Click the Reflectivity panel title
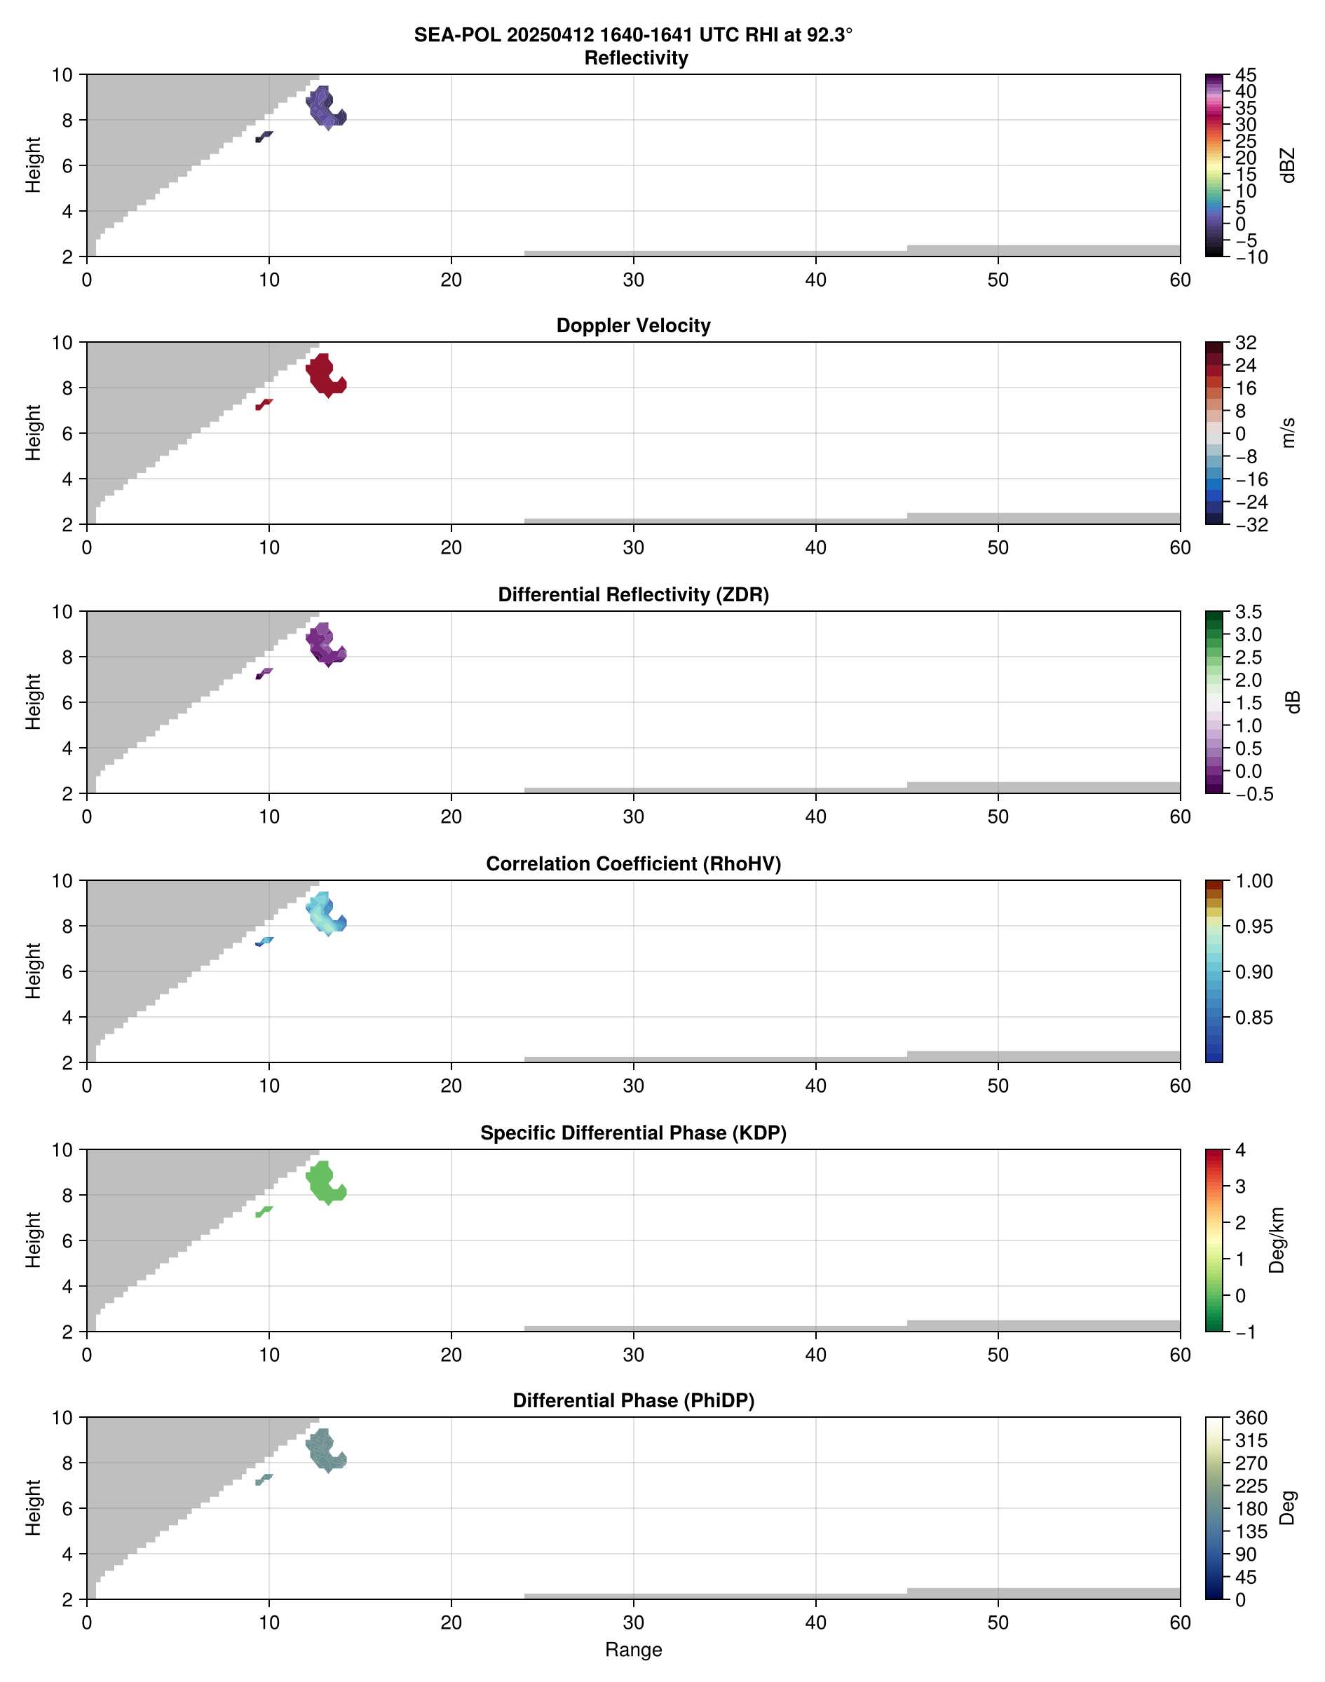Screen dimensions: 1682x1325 (636, 58)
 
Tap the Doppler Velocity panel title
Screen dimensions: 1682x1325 (633, 326)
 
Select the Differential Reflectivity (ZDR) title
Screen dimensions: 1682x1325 (633, 595)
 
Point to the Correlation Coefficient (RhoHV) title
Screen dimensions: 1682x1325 (633, 864)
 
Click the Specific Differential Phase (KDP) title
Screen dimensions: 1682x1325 (633, 1133)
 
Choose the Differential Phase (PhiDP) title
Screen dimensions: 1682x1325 (633, 1400)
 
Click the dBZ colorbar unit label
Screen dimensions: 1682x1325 (1289, 165)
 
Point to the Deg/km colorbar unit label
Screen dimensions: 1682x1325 (1277, 1240)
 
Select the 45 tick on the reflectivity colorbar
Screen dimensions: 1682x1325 (1246, 75)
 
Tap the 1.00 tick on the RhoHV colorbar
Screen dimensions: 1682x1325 (1253, 881)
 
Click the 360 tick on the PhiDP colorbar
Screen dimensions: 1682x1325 (1251, 1418)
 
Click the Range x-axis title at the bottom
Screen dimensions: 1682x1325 (633, 1650)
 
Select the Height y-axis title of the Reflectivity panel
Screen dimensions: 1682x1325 (32, 165)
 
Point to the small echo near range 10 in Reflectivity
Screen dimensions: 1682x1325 (264, 137)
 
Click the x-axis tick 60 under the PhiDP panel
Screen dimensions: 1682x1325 (1180, 1622)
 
